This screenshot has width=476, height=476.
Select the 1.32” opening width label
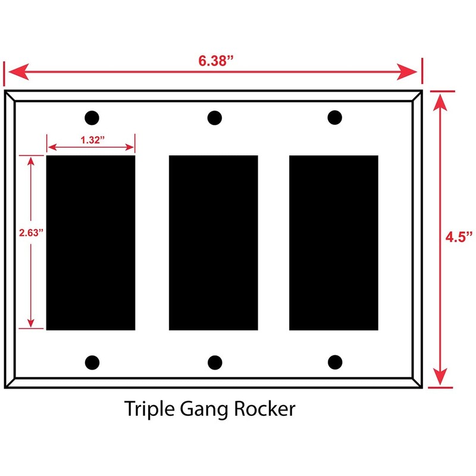pyautogui.click(x=91, y=140)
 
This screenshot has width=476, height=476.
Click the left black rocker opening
pyautogui.click(x=90, y=243)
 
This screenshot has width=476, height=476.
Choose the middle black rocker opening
pyautogui.click(x=214, y=243)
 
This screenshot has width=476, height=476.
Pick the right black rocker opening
pyautogui.click(x=333, y=243)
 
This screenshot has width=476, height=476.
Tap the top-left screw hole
pyautogui.click(x=92, y=118)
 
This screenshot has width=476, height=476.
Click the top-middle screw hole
pyautogui.click(x=214, y=118)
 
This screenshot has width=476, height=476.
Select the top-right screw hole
pyautogui.click(x=335, y=118)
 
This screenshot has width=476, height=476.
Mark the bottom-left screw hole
pyautogui.click(x=92, y=362)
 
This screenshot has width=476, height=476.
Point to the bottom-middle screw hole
pyautogui.click(x=215, y=362)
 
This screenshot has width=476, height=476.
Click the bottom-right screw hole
pyautogui.click(x=335, y=362)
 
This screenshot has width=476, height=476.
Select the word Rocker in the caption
pyautogui.click(x=265, y=409)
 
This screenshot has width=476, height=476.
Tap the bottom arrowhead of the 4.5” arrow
pyautogui.click(x=439, y=377)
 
